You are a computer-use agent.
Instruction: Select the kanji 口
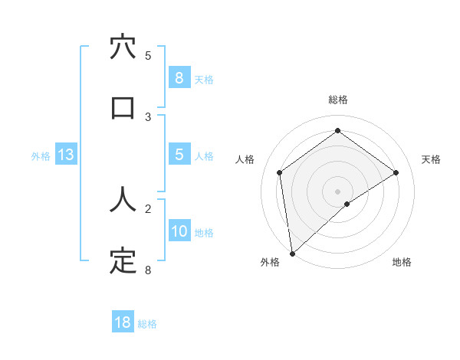click(x=123, y=106)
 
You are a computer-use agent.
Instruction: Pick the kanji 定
click(x=123, y=260)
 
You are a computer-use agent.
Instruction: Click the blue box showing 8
click(x=179, y=77)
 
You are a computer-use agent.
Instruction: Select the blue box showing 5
click(x=179, y=155)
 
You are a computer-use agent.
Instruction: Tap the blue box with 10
click(x=179, y=231)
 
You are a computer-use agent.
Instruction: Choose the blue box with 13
click(x=66, y=155)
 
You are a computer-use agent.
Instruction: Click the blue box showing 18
click(x=123, y=322)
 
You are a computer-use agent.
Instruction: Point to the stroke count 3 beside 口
click(x=148, y=116)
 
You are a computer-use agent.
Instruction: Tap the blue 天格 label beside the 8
click(x=204, y=79)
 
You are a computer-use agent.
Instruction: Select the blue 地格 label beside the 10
click(x=204, y=233)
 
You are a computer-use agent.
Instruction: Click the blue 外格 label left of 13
click(x=41, y=156)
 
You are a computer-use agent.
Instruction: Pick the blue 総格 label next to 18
click(x=147, y=324)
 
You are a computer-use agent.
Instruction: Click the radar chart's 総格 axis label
click(x=337, y=100)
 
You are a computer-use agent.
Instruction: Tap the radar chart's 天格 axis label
click(x=432, y=159)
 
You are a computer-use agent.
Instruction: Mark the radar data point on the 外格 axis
click(x=291, y=253)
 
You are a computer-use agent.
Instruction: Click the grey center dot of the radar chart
click(x=337, y=191)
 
